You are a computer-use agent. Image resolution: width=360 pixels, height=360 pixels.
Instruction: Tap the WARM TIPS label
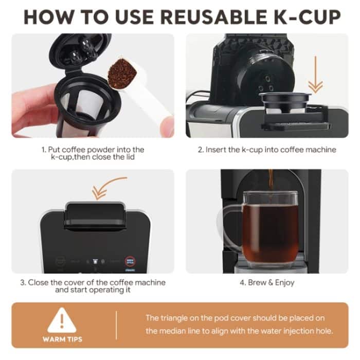point(62,340)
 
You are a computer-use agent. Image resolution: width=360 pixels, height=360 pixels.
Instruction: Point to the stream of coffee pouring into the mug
point(271,183)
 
